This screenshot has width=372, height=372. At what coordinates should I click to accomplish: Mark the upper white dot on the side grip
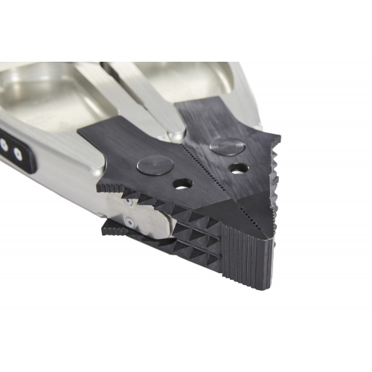pyautogui.click(x=5, y=141)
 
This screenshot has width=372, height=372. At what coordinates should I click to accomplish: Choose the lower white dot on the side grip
pyautogui.click(x=17, y=155)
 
